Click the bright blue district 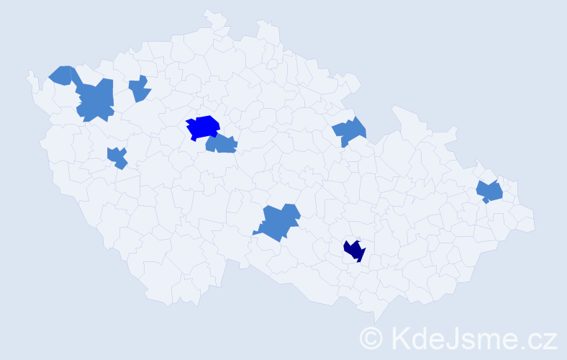coord(204,126)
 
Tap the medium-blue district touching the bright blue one coord(222,145)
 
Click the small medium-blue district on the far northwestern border coord(63,74)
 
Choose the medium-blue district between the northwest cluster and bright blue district coord(140,89)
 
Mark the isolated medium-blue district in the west coord(117,157)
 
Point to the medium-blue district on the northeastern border coord(350,131)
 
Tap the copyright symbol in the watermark coord(371,337)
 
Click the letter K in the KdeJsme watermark coord(399,337)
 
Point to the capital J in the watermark coord(452,337)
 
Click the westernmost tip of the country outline coord(28,73)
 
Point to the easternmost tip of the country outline coord(535,223)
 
